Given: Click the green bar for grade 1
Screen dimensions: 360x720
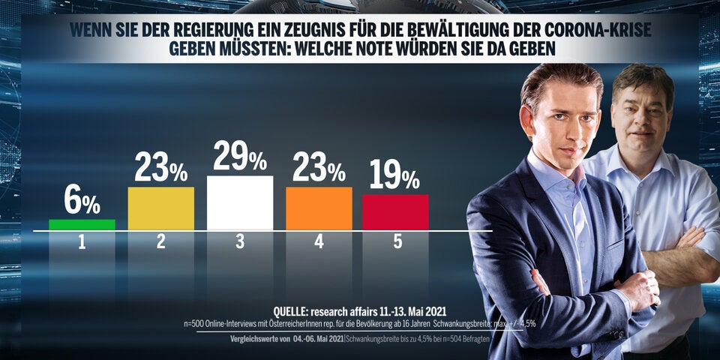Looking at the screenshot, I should (82, 224).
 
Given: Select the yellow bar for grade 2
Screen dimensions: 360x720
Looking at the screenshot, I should (161, 208).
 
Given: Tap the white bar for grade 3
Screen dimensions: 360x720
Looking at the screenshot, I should (240, 202).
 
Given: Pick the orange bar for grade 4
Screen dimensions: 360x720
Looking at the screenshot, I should (319, 208).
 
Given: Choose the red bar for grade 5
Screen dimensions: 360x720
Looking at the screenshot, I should (395, 212).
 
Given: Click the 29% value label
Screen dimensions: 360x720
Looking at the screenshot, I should (240, 157).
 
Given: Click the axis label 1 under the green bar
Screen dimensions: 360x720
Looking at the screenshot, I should (82, 242).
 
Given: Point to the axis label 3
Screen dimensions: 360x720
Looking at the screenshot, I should (240, 242).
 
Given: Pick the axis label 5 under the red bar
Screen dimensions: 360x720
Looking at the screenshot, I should (395, 242).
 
